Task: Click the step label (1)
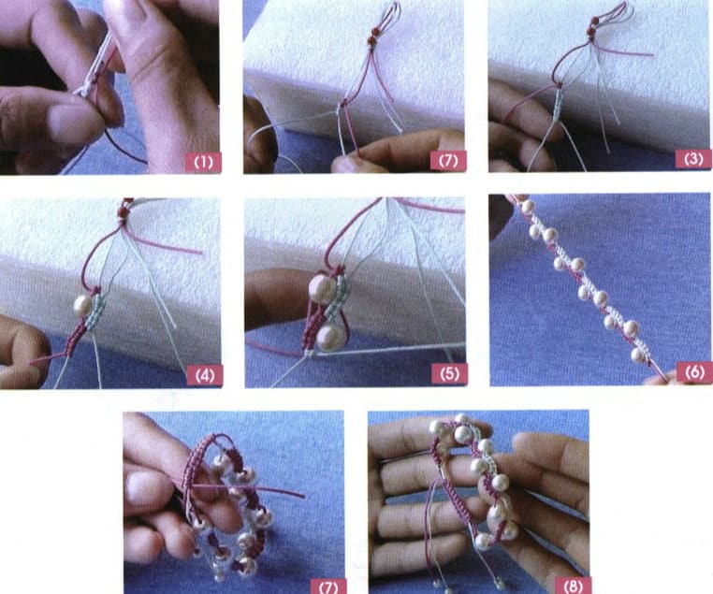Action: coord(202,161)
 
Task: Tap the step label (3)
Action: coord(691,159)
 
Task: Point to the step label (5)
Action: coord(449,373)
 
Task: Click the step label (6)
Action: coord(693,371)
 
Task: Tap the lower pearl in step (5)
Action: coord(329,338)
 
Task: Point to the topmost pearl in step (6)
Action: coord(528,207)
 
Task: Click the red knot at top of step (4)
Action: coord(123,213)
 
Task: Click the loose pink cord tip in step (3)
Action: coord(650,54)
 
